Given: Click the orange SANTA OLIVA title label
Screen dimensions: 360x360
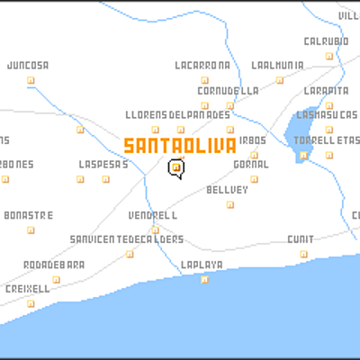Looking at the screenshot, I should (180, 146).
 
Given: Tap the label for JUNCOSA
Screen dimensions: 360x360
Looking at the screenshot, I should (28, 66).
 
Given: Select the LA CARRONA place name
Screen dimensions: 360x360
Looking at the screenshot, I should (202, 66).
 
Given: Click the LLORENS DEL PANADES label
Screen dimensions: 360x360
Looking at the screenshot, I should (177, 115).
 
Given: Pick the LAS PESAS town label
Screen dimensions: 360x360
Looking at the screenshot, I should (103, 165).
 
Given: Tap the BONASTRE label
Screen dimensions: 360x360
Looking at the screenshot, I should (29, 216).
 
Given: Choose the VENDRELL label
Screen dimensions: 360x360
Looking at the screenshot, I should (152, 217).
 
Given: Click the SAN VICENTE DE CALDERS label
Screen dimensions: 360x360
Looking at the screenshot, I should (127, 239).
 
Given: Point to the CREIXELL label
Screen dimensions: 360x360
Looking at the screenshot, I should (28, 289).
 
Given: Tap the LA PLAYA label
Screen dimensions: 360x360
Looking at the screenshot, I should (201, 265).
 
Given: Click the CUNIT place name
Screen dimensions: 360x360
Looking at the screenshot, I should (300, 239).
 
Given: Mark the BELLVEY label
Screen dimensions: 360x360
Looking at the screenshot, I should (227, 190).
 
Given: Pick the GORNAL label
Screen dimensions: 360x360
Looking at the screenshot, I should (251, 165).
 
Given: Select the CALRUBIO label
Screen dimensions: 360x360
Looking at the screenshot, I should (326, 40).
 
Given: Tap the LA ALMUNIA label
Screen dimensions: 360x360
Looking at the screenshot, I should (277, 66).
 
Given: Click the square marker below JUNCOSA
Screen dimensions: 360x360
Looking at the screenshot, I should (31, 79).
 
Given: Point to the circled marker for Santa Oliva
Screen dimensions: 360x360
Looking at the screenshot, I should (176, 166).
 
